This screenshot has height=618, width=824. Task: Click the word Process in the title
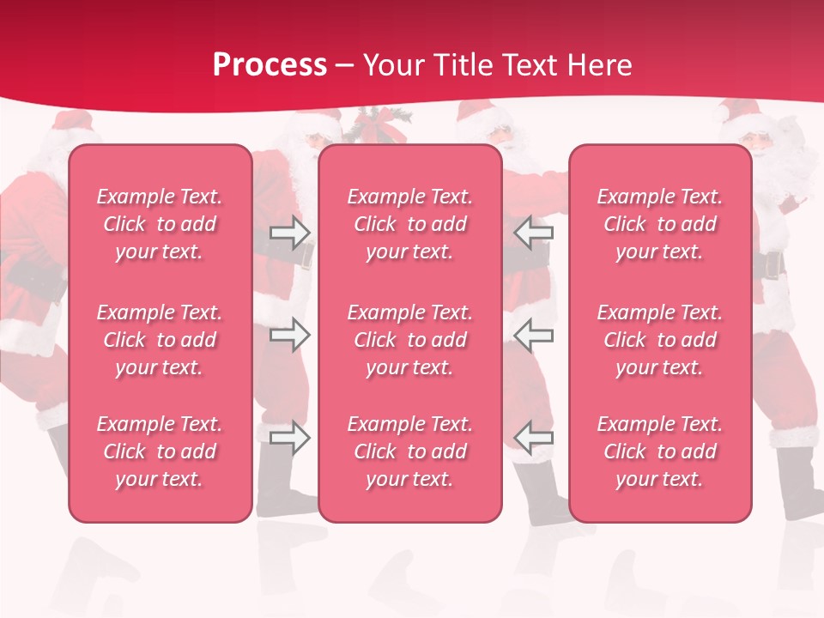(x=270, y=65)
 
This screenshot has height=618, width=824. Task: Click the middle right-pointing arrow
(x=290, y=335)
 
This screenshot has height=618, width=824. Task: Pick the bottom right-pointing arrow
(x=290, y=438)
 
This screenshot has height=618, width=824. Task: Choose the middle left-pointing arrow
(x=533, y=335)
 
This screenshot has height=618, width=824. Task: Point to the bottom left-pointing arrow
(x=533, y=438)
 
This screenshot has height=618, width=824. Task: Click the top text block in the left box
(x=160, y=224)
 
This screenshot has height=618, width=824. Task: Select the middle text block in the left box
(x=160, y=340)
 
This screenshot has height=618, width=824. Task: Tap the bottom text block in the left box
(x=160, y=451)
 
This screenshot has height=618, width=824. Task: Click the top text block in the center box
(x=410, y=224)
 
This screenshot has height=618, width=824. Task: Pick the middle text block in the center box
(x=410, y=340)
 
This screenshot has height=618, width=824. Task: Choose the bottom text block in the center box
(x=410, y=451)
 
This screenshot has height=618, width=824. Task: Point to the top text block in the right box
(x=660, y=224)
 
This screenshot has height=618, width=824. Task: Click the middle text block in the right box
(x=660, y=340)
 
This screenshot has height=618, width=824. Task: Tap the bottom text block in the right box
(x=660, y=451)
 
